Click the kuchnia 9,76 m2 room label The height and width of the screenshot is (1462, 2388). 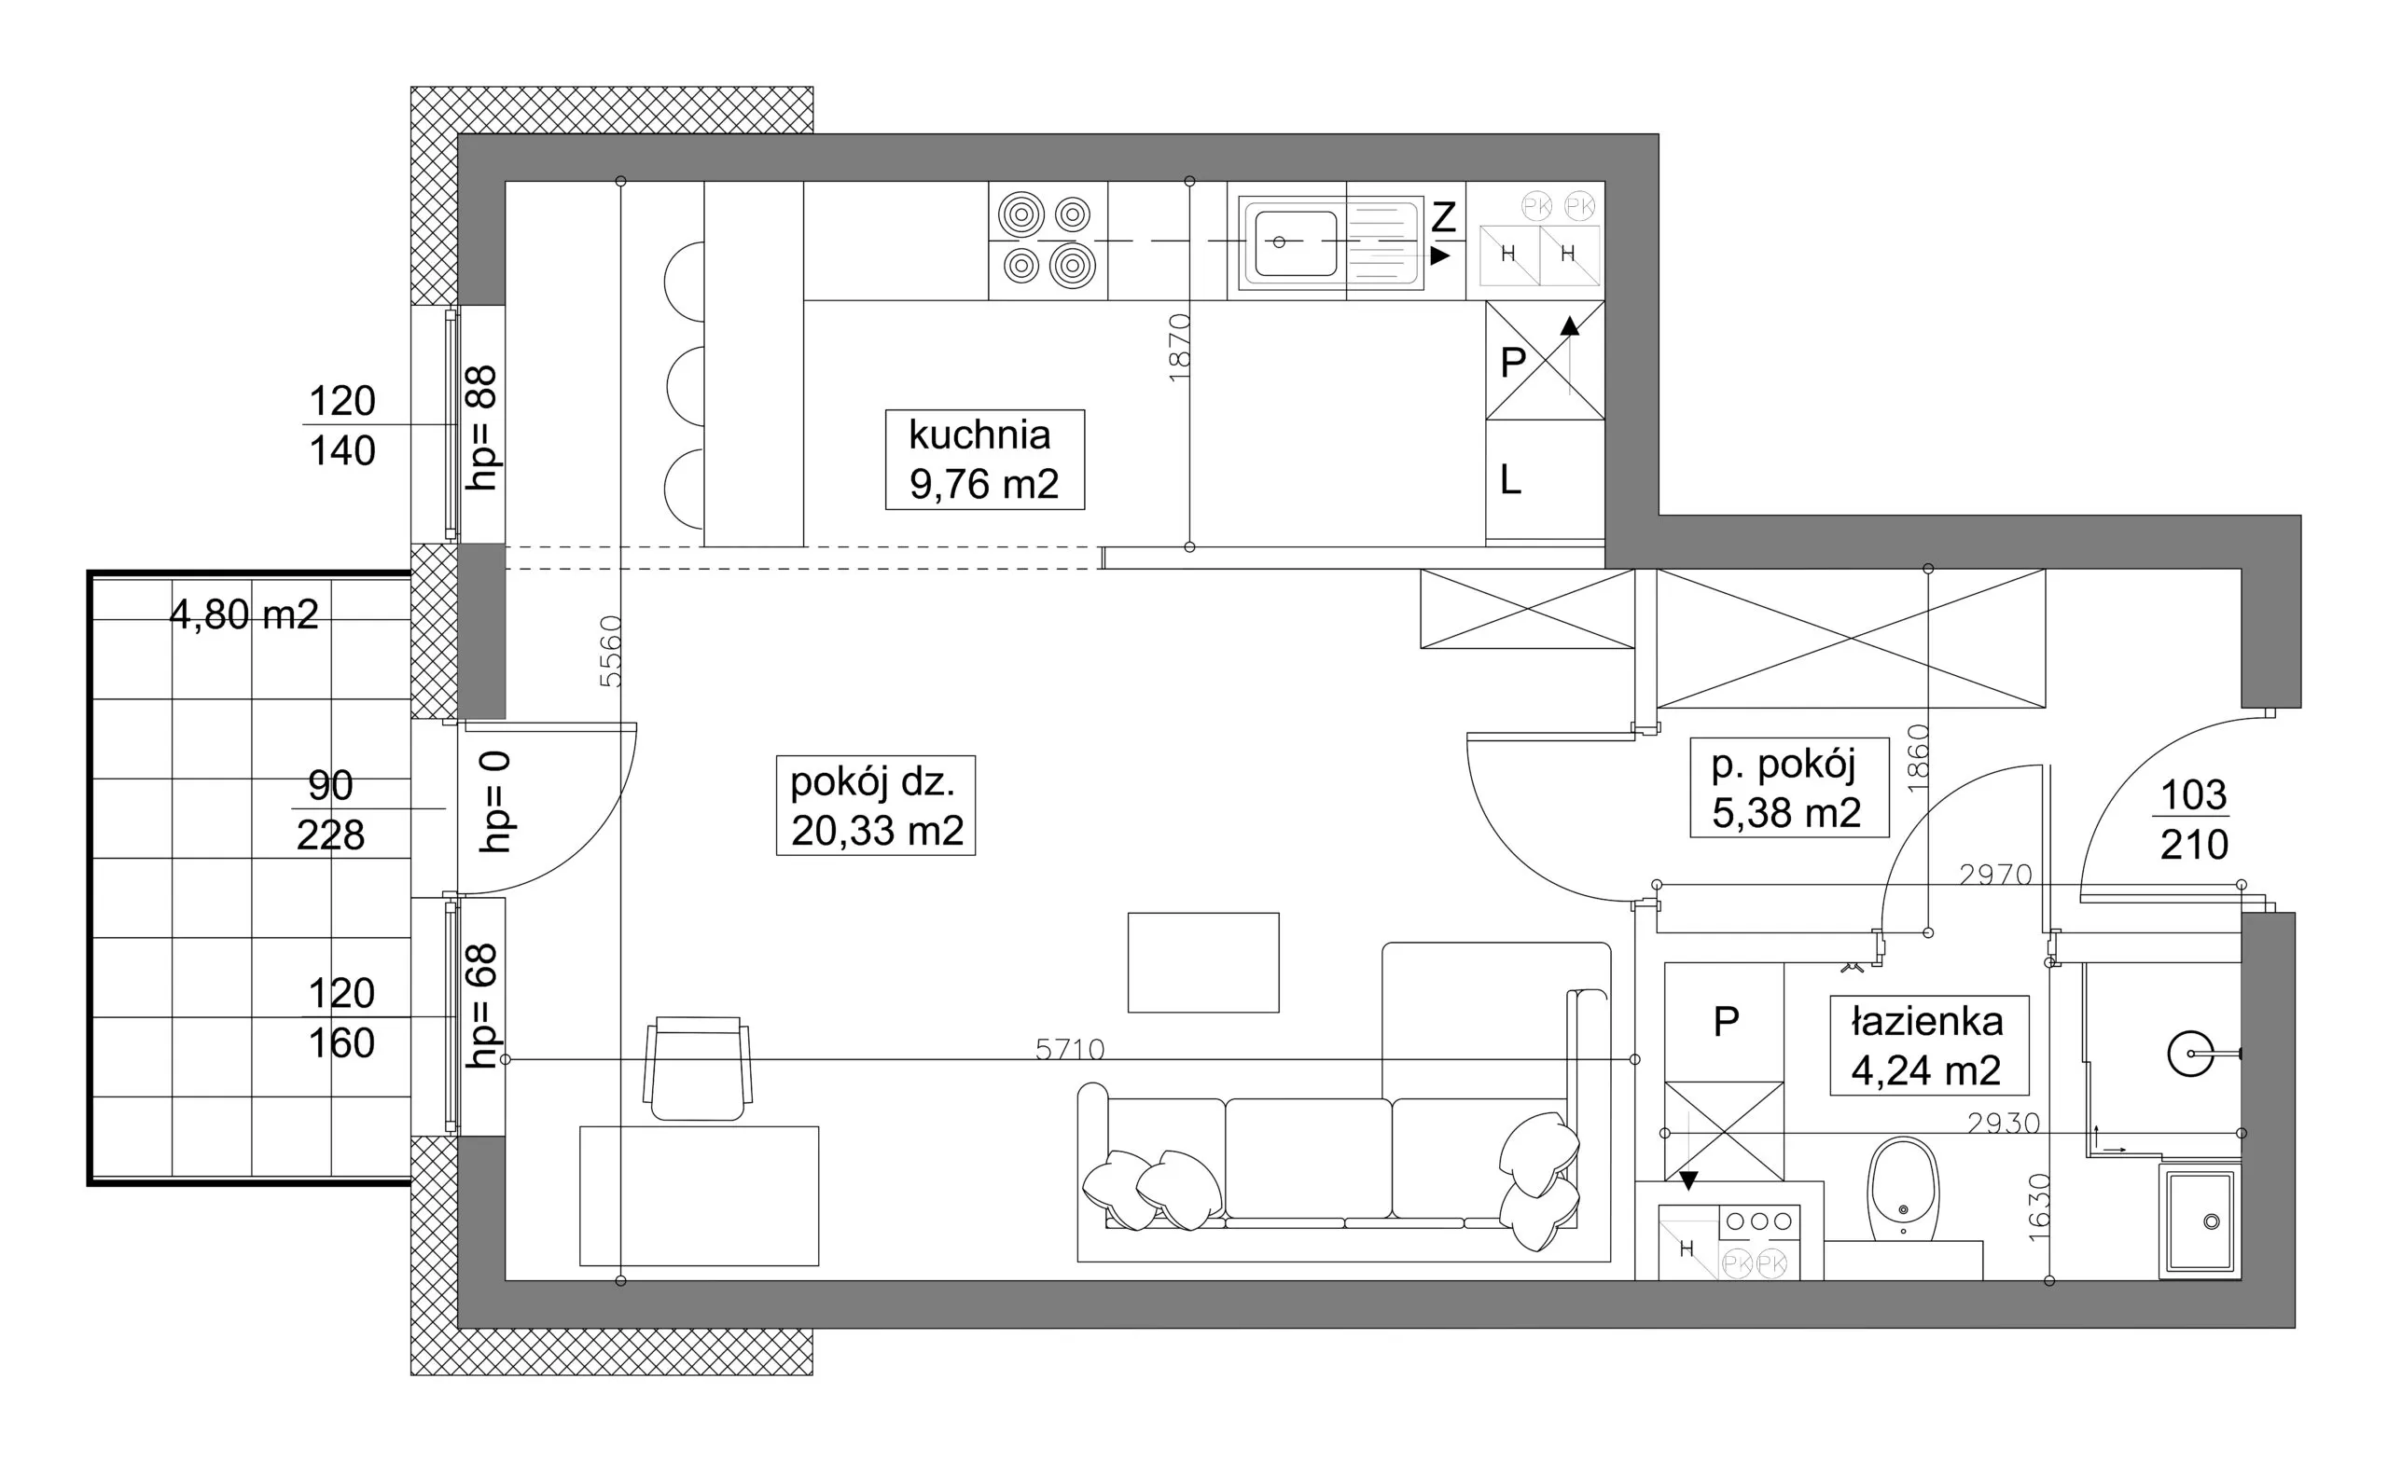984,460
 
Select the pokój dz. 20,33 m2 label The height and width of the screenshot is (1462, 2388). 875,805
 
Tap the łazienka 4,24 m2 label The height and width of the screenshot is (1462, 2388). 1929,1045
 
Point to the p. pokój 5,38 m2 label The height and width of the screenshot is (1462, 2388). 1789,787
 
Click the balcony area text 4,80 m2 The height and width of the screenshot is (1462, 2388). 244,615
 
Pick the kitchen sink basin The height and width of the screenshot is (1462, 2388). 1296,242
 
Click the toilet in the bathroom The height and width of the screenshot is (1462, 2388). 1904,1190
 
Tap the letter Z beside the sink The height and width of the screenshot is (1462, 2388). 1443,217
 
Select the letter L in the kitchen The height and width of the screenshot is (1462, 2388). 1511,479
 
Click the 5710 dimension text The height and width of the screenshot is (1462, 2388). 1070,1049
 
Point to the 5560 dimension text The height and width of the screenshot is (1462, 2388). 610,651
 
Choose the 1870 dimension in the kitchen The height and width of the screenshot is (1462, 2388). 1178,347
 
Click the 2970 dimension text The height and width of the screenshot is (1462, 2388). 1995,875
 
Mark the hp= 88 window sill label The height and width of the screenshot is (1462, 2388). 481,427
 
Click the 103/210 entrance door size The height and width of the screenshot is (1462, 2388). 2194,820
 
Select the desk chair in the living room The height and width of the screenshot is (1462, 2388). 698,1069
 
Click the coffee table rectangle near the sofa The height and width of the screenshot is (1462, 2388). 1203,962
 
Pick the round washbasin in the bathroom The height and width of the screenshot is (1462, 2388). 2190,1054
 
